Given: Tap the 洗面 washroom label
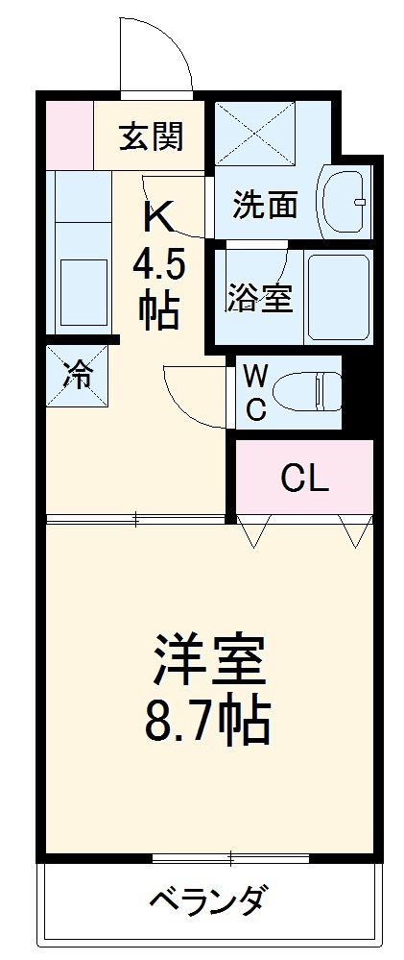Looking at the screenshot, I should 266,205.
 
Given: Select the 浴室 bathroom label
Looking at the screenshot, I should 259,297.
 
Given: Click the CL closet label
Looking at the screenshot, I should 305,478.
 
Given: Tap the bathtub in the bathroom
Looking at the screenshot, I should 338,296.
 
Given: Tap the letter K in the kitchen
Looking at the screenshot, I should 158,218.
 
